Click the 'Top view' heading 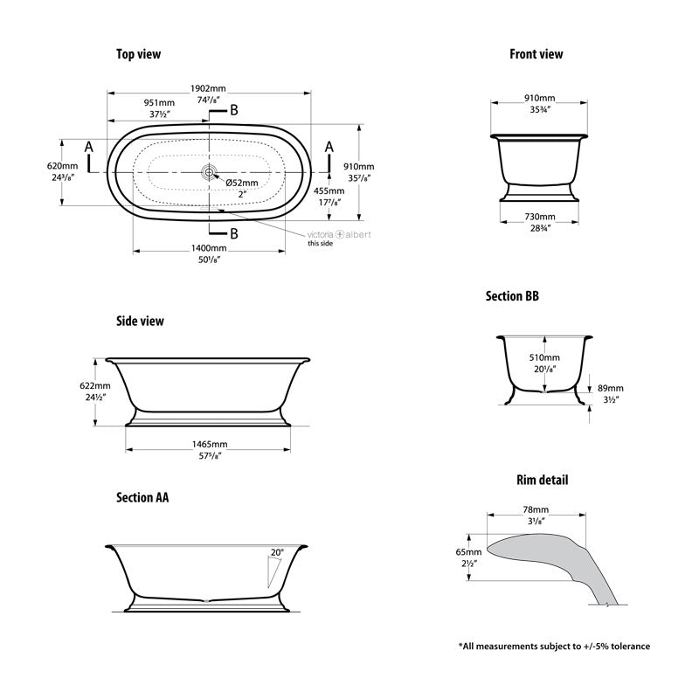(138, 54)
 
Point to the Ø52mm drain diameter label (242, 183)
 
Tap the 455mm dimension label (329, 190)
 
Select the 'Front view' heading (536, 54)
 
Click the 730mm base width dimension (539, 217)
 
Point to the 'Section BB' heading (512, 296)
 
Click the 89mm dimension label (611, 388)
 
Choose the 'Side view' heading (140, 321)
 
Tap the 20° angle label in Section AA (277, 552)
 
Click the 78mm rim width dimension (536, 509)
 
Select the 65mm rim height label (468, 552)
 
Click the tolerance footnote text (554, 647)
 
